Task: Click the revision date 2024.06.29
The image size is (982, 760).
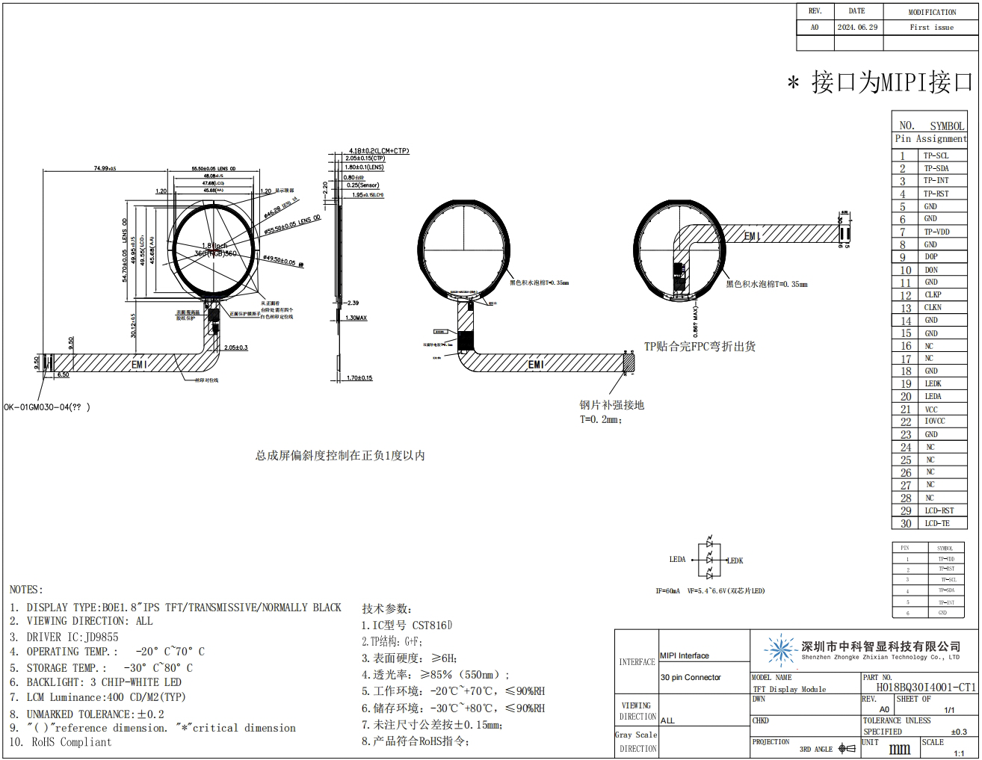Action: [x=857, y=28]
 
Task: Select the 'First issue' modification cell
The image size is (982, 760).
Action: [x=931, y=28]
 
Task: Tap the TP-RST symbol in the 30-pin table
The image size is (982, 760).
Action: [x=936, y=194]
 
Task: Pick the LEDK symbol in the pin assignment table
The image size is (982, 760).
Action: [x=933, y=383]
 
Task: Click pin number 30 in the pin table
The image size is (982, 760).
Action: [x=906, y=524]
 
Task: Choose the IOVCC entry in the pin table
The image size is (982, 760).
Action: [x=934, y=421]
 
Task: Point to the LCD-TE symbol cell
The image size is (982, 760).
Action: [x=936, y=524]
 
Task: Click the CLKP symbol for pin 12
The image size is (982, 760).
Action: [x=933, y=295]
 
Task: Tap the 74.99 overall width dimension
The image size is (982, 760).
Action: [x=105, y=168]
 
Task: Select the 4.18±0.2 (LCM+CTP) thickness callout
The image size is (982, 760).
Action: [x=378, y=151]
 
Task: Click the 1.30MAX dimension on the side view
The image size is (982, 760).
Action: [x=356, y=318]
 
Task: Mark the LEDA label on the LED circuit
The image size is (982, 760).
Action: [x=677, y=559]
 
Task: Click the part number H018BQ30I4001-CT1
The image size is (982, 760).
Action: [x=926, y=688]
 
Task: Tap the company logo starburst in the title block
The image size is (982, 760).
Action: [x=780, y=650]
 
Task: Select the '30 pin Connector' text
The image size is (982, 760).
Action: [x=691, y=678]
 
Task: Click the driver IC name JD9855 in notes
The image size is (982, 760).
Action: [x=102, y=637]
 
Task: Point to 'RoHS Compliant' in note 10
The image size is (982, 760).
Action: [x=72, y=742]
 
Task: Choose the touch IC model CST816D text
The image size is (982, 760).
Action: [x=432, y=625]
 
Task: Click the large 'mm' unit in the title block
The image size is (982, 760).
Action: [x=899, y=749]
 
